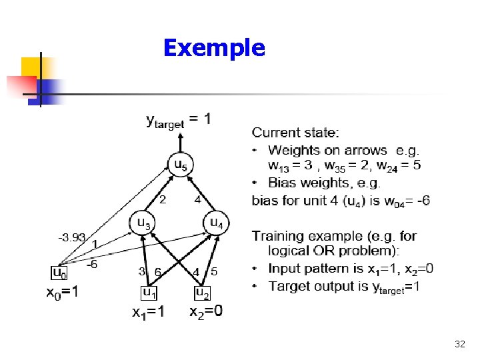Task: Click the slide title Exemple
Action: click(x=213, y=48)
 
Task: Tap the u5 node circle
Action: click(x=180, y=164)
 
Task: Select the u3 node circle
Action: click(x=143, y=223)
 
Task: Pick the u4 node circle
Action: click(x=216, y=223)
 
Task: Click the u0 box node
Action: click(x=59, y=273)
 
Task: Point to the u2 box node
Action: click(x=201, y=292)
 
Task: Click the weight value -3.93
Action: click(x=71, y=236)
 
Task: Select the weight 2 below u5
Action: click(x=161, y=199)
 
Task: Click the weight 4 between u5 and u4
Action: click(x=197, y=199)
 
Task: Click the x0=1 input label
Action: click(x=61, y=292)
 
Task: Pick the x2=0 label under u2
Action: click(x=206, y=312)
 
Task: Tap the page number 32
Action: click(x=459, y=344)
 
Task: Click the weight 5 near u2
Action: click(x=213, y=271)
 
